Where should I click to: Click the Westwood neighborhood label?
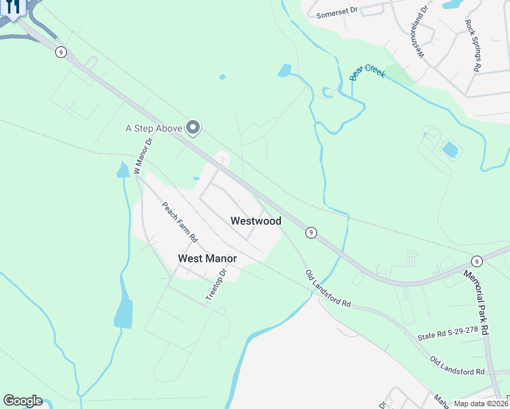pos(256,221)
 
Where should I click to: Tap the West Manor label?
pos(207,258)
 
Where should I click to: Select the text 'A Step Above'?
pos(153,127)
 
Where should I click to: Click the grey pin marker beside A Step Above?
pos(194,127)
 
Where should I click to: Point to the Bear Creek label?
pos(367,72)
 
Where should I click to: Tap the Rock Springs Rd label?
pos(473,46)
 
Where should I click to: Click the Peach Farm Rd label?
pos(179,222)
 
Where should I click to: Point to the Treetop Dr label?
pos(215,285)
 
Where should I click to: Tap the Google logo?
pos(22,401)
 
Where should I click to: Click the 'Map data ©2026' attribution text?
pos(481,404)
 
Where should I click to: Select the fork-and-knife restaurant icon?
pos(14,6)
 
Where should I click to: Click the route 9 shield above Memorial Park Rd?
pos(477,261)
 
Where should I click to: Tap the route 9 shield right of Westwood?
pos(311,232)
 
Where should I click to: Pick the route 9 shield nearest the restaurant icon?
pos(61,52)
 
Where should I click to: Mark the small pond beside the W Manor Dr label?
pos(123,170)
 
